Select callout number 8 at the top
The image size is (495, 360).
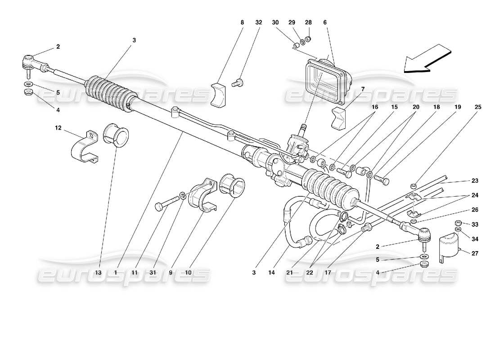242,22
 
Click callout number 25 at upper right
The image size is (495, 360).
477,107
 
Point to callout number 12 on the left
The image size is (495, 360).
58,128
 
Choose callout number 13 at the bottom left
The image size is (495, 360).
98,272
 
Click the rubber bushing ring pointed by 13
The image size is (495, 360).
117,134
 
